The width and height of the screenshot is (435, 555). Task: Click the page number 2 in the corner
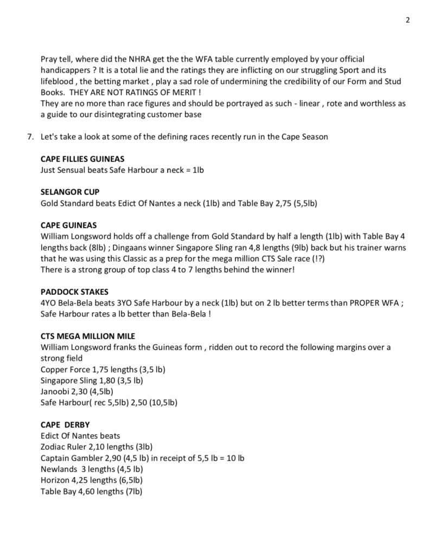[408, 21]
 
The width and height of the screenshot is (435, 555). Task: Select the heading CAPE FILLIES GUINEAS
[82, 159]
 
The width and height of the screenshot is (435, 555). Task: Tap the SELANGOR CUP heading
[70, 192]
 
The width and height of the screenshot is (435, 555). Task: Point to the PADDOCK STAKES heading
[74, 292]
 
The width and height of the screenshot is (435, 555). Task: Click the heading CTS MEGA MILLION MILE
[88, 336]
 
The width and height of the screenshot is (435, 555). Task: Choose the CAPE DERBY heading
[65, 424]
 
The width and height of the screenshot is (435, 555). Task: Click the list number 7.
[30, 137]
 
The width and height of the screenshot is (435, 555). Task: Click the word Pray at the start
[50, 59]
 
